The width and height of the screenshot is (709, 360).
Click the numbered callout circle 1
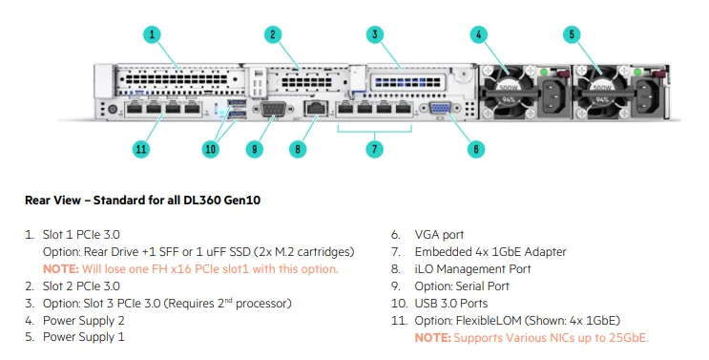coord(152,34)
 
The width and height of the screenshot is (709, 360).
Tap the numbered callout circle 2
coord(273,34)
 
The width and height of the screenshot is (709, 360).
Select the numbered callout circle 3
coord(375,34)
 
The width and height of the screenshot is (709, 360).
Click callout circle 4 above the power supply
coord(477,34)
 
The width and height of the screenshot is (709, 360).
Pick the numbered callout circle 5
coord(572,34)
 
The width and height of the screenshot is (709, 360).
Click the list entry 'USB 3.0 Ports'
coord(449,303)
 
